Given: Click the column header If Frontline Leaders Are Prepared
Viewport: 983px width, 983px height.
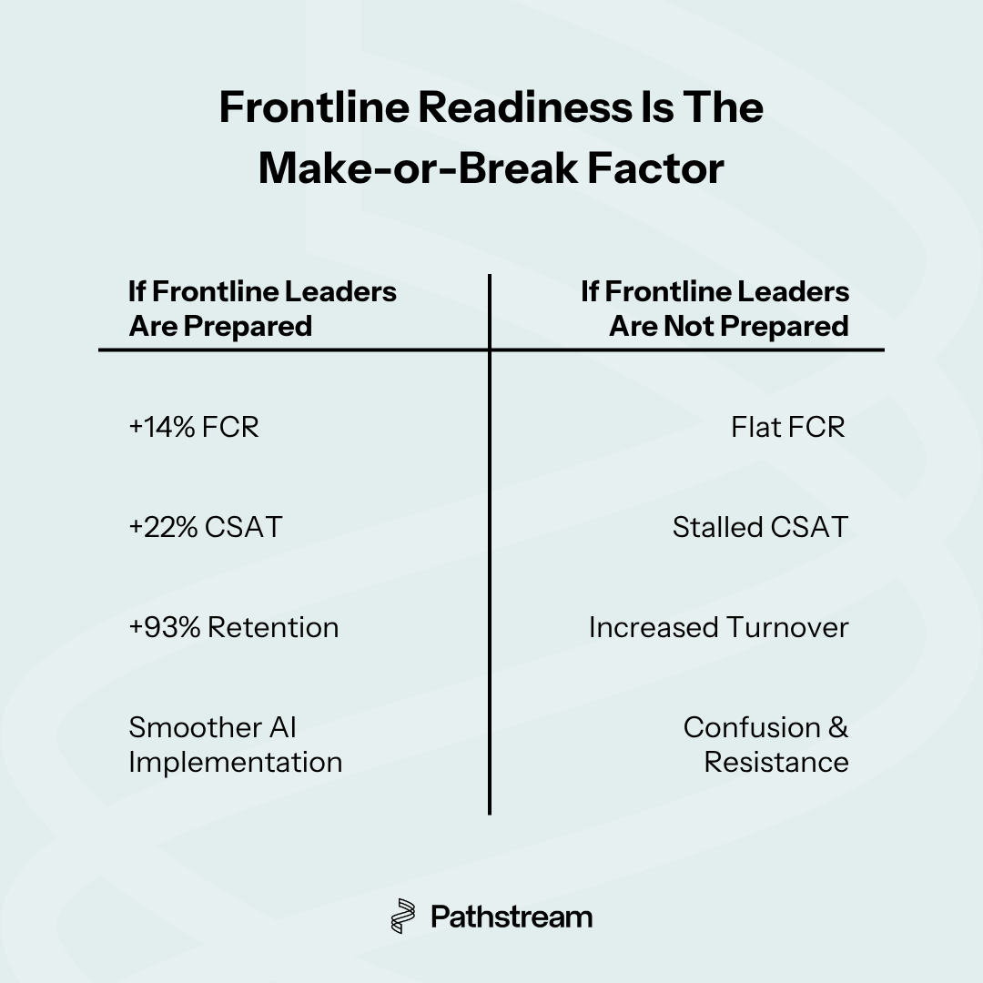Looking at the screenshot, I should (262, 309).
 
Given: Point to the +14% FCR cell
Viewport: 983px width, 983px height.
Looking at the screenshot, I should (194, 427).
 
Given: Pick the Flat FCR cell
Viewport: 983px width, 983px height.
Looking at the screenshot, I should (788, 427).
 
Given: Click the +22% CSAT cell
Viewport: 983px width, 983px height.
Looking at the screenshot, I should (205, 527).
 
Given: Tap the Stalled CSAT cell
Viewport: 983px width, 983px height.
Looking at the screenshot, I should (760, 527).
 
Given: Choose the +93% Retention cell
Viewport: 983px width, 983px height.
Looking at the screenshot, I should (233, 627).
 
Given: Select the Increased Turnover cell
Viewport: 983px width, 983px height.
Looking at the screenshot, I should (718, 627).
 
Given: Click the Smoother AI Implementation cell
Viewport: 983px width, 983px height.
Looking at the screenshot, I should (235, 745).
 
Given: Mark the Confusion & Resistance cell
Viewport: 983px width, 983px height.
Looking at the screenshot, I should (766, 745).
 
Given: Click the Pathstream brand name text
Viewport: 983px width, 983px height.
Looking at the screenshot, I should (512, 916).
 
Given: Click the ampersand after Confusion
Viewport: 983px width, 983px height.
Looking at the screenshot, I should (838, 728).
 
